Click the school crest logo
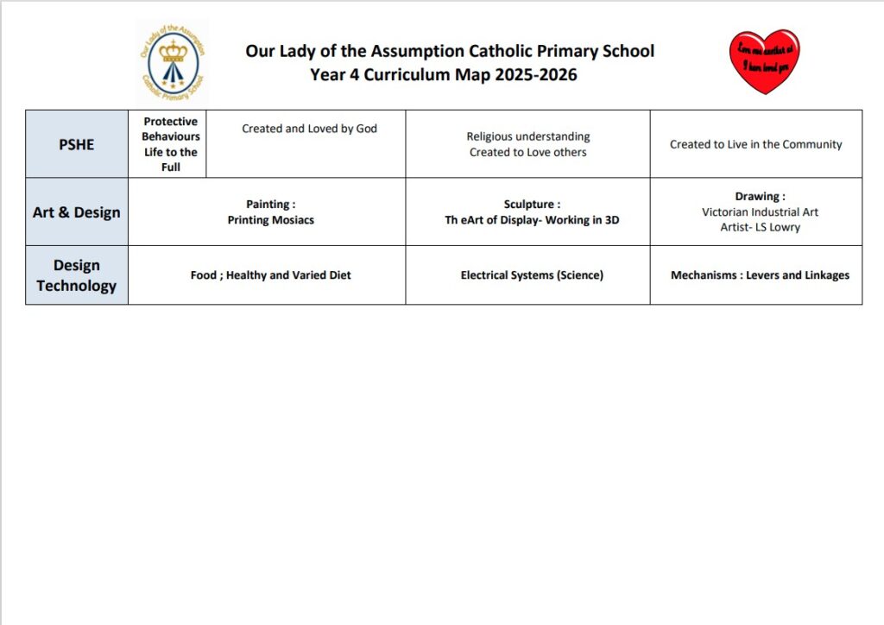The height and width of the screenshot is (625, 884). (172, 63)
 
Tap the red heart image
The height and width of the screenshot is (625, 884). (764, 60)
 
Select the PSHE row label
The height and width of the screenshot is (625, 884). (76, 144)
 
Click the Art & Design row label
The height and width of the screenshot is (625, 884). (76, 212)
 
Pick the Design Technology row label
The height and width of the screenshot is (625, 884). (76, 275)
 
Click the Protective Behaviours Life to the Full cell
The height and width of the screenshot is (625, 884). (170, 144)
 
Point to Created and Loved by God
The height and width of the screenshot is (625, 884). (309, 129)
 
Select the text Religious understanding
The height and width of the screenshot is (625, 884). (528, 136)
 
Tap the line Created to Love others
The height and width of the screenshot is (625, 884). (528, 152)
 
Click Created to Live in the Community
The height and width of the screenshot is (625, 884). (755, 144)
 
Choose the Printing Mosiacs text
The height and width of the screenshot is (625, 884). (271, 220)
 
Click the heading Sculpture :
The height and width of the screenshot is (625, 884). (532, 205)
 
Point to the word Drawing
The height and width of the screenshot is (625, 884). (757, 197)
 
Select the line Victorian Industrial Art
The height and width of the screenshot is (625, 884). (760, 212)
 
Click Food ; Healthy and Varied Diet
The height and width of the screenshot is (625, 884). (271, 275)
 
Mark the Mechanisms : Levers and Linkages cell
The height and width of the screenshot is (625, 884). (760, 275)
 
